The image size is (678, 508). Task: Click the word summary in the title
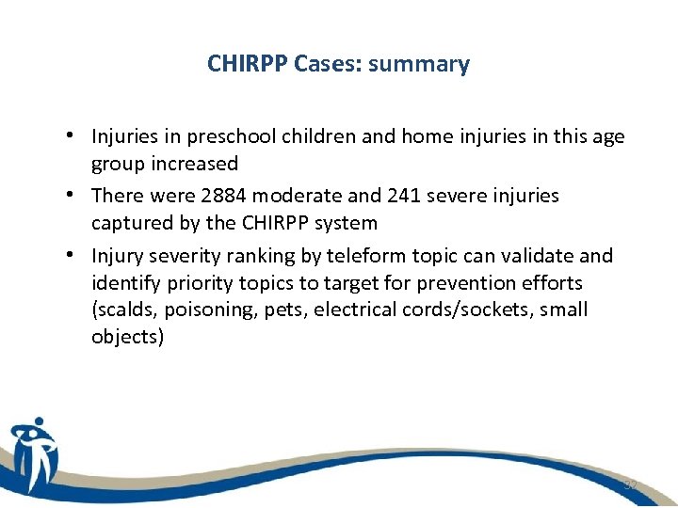419,65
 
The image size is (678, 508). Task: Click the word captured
130,223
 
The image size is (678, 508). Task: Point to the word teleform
363,256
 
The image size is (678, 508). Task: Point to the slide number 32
629,484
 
